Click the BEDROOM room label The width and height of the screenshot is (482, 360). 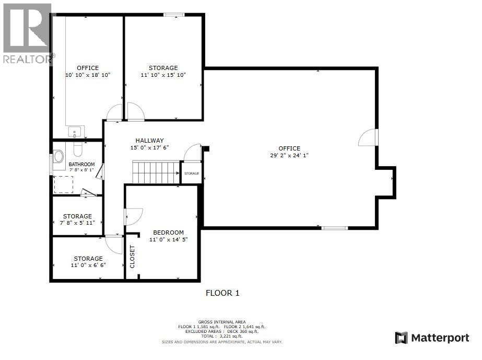(x=168, y=233)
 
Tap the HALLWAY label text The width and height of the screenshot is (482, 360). (x=150, y=141)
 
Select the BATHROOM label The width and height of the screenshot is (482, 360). (x=82, y=164)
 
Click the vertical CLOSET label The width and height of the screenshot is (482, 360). (x=132, y=257)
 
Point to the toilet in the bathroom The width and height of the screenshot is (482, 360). (x=78, y=150)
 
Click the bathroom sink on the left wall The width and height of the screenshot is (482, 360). (x=58, y=156)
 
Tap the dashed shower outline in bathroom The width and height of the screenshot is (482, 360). (x=64, y=184)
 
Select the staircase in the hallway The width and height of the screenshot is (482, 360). (x=156, y=172)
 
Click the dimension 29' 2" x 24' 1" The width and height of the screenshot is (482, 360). (x=289, y=155)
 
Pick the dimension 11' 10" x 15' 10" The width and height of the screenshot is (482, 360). (x=163, y=75)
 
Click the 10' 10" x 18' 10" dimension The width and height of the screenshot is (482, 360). (x=88, y=75)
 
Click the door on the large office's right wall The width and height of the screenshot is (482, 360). (x=368, y=137)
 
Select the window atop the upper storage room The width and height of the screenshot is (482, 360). (x=171, y=15)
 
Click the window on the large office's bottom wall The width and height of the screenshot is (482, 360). (x=334, y=228)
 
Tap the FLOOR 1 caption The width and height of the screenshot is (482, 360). (x=222, y=293)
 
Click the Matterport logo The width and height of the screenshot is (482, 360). (x=432, y=338)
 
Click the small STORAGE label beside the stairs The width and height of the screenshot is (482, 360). (x=192, y=173)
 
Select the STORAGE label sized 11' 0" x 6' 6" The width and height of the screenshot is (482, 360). (x=88, y=259)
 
